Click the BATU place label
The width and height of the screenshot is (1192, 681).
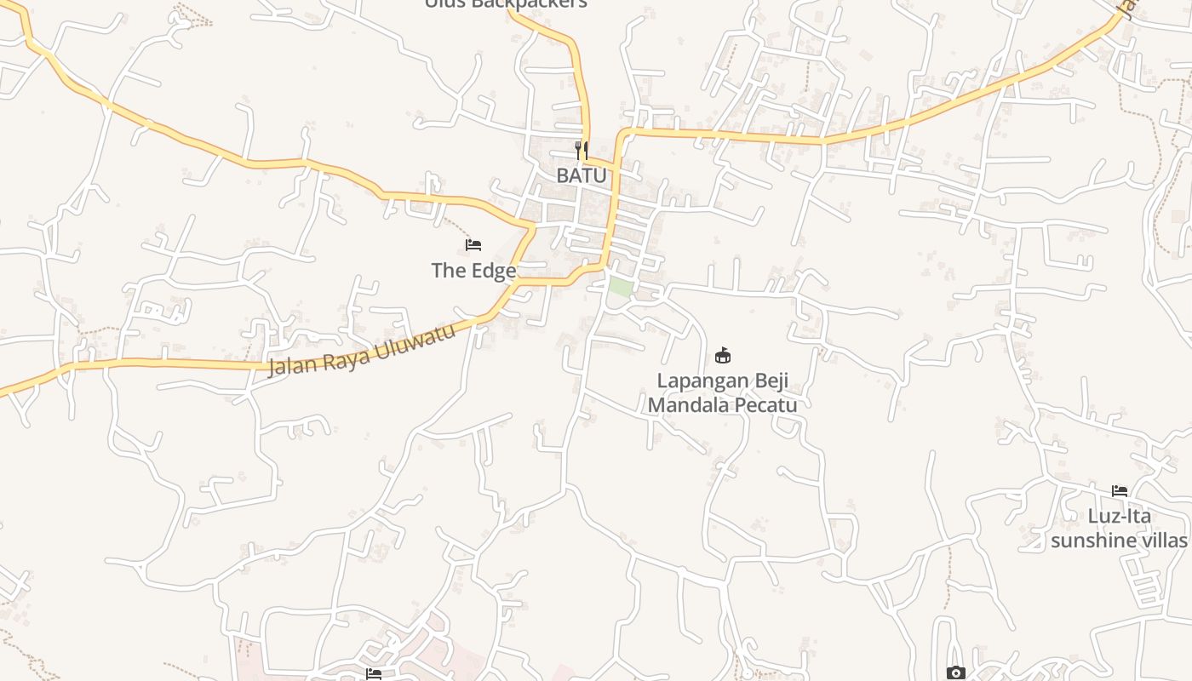582,175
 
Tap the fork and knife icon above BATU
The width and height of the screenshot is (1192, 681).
582,151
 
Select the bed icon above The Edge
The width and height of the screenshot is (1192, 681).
473,245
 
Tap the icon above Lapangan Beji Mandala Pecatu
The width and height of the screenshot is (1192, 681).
723,355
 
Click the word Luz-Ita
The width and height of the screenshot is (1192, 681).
1119,516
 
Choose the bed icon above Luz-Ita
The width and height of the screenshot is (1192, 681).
1119,491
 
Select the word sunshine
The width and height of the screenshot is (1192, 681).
1092,540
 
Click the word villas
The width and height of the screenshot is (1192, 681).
1161,540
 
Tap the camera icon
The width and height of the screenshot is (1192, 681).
955,673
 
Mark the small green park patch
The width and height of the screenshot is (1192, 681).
621,287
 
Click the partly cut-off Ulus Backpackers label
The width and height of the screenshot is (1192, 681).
506,4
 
